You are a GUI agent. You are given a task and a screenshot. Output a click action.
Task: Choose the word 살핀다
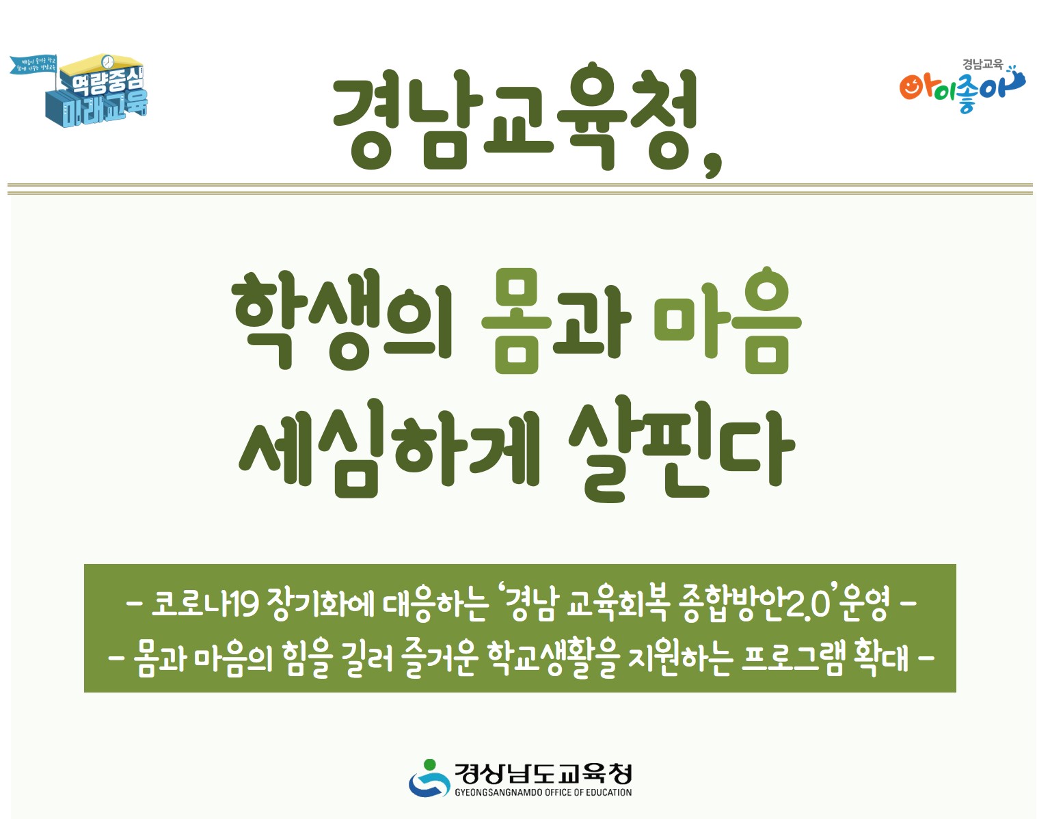point(681,449)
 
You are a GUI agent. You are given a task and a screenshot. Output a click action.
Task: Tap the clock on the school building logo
point(107,62)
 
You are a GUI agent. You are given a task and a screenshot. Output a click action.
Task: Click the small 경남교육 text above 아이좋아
point(982,64)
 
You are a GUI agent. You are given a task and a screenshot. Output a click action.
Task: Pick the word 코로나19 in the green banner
point(204,604)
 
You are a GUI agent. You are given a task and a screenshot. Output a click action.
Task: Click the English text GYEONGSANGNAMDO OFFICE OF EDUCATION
point(543,792)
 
